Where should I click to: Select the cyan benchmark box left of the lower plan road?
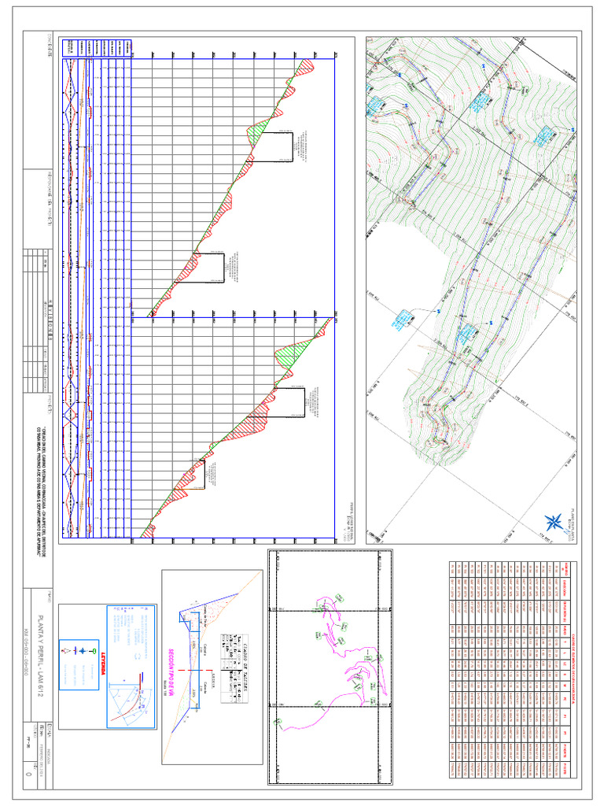(403, 318)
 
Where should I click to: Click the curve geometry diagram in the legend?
(130, 701)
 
